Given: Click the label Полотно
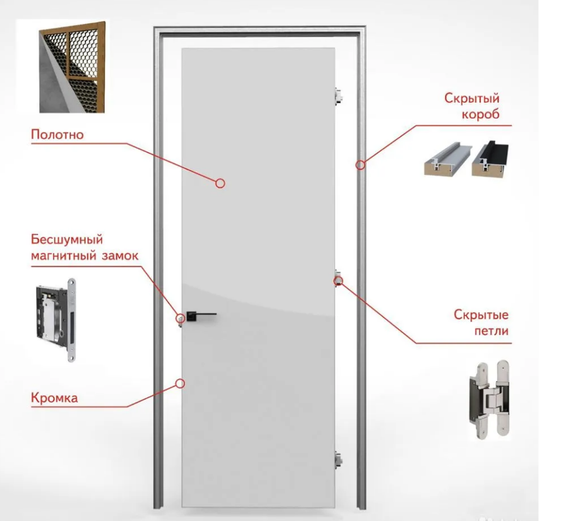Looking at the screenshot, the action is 57,135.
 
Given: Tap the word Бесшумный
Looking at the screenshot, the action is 67,239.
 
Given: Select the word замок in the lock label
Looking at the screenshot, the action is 120,256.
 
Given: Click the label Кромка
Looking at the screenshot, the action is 54,397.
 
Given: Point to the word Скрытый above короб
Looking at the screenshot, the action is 471,98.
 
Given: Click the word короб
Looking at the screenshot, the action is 481,114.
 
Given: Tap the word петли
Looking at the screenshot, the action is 491,331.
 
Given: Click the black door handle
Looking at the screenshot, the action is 200,316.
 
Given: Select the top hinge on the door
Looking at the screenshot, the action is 338,97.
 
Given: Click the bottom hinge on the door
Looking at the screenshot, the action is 338,460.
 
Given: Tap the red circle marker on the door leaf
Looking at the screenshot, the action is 220,183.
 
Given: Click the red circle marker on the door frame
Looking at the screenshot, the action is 360,165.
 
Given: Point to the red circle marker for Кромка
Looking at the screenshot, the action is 180,383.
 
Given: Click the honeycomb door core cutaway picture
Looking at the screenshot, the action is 72,67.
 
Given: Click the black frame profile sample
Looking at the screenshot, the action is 490,159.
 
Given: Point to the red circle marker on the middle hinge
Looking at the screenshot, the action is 338,282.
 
